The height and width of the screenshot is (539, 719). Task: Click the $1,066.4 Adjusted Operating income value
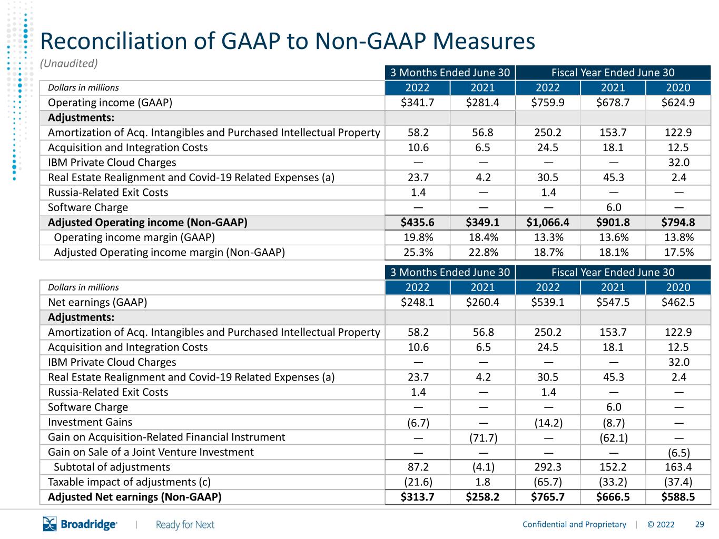[548, 223]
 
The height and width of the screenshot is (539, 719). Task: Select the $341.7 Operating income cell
[417, 103]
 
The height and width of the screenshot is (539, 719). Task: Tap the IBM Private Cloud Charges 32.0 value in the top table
[679, 163]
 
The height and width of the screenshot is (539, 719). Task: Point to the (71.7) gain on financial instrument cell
[483, 438]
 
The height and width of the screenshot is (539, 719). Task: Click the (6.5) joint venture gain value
[679, 453]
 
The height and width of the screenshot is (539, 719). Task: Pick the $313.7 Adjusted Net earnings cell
[417, 497]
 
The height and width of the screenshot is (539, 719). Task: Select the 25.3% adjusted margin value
[418, 253]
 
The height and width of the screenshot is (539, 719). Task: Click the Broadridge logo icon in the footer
[50, 524]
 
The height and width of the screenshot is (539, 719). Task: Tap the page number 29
[700, 525]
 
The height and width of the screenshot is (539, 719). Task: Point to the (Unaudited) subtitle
[69, 63]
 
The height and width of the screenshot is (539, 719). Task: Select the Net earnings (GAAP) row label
[97, 302]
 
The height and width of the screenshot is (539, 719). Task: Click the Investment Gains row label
[90, 422]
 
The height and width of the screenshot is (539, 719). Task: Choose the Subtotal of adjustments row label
[112, 467]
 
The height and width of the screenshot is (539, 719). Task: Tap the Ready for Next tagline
[185, 525]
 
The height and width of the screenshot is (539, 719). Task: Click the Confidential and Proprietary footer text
[574, 525]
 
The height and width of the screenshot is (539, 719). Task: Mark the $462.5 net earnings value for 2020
[678, 302]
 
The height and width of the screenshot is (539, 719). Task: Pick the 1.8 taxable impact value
[483, 482]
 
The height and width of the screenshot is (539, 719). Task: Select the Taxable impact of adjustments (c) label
[130, 482]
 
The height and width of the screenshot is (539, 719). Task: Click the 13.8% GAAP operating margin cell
[679, 237]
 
